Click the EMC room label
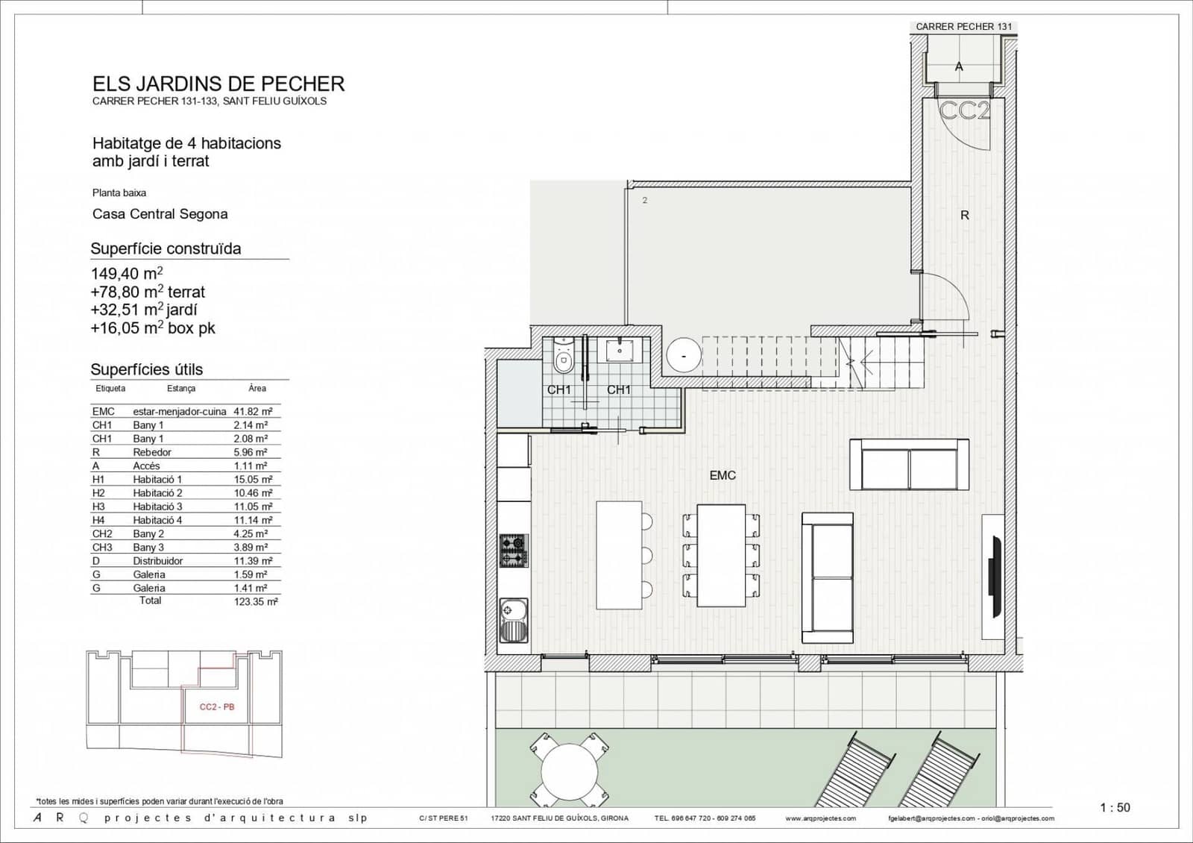tap(722, 475)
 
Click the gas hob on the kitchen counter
tap(513, 551)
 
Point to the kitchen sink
tap(513, 621)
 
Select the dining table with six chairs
tap(721, 555)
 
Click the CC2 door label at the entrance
tap(964, 112)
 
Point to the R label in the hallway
tap(964, 216)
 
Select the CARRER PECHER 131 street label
tap(963, 27)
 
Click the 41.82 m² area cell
tap(253, 411)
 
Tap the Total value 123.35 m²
tap(255, 601)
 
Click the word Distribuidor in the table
tap(157, 561)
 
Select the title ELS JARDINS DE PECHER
tap(218, 84)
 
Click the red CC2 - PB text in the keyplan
tap(217, 706)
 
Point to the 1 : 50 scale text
tap(1115, 807)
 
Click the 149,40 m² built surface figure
tap(127, 274)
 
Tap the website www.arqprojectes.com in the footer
tap(820, 818)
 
